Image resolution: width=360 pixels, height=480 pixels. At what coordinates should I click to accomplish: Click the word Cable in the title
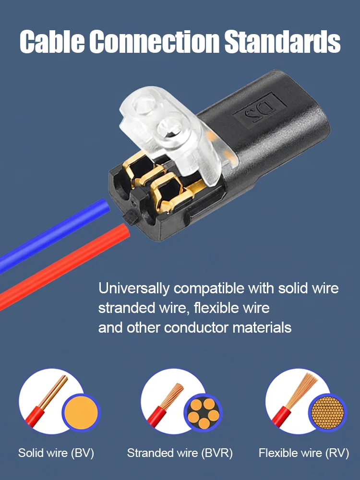[52, 41]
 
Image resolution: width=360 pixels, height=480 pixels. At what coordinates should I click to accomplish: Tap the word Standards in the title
[282, 41]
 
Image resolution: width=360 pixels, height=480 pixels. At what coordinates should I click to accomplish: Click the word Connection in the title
[154, 41]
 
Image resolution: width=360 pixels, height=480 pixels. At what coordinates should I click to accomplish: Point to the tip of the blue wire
[106, 205]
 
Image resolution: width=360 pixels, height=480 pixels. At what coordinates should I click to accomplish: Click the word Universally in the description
[133, 288]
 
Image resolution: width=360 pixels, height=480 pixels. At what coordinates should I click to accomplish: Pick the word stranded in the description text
[127, 308]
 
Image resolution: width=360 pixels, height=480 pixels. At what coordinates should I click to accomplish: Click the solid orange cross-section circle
[81, 412]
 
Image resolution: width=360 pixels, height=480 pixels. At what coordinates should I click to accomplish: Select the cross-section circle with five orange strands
[203, 412]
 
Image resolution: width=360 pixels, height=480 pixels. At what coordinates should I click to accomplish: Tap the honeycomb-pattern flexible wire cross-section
[327, 412]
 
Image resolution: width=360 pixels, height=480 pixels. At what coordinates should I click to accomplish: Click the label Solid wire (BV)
[56, 453]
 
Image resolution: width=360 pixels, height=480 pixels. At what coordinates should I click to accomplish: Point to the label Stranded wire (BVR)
[180, 453]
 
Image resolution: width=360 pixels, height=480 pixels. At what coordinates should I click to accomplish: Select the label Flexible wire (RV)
[304, 453]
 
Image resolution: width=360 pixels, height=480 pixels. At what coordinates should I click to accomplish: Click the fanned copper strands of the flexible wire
[303, 389]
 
